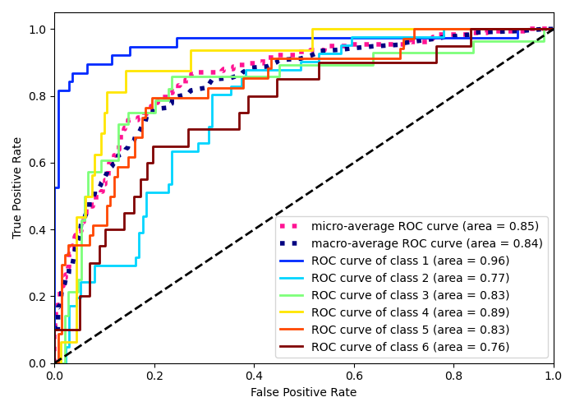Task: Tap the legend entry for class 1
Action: point(410,261)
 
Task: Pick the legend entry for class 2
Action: point(410,278)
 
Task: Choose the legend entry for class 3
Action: point(410,295)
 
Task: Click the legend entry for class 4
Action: point(410,312)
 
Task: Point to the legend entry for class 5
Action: point(410,330)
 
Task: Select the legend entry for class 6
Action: point(410,347)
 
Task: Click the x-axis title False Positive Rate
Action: point(304,393)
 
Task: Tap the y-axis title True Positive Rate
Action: point(17,187)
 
